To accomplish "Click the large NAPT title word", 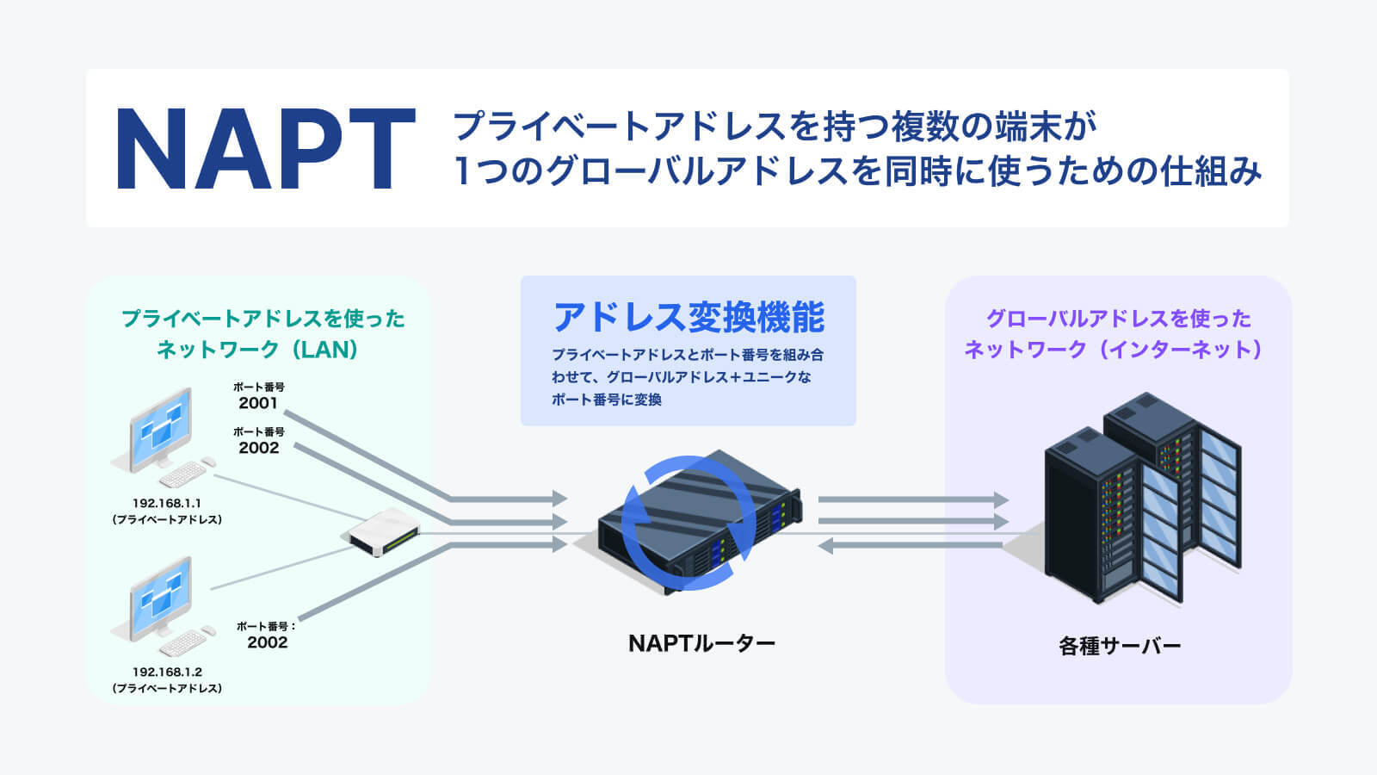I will pyautogui.click(x=265, y=148).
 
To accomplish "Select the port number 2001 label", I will pyautogui.click(x=258, y=403).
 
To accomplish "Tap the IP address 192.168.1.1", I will pyautogui.click(x=167, y=503).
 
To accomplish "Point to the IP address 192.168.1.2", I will pyautogui.click(x=167, y=672).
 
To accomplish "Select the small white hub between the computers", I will pyautogui.click(x=382, y=531).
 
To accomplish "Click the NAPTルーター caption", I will pyautogui.click(x=701, y=643).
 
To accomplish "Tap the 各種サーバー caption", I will pyautogui.click(x=1119, y=646).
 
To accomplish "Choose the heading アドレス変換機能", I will pyautogui.click(x=688, y=317).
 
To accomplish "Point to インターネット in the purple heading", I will pyautogui.click(x=1183, y=350).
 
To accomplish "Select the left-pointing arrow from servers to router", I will pyautogui.click(x=912, y=545).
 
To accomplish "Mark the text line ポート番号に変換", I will pyautogui.click(x=607, y=400).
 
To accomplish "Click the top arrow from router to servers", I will pyautogui.click(x=912, y=499).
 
